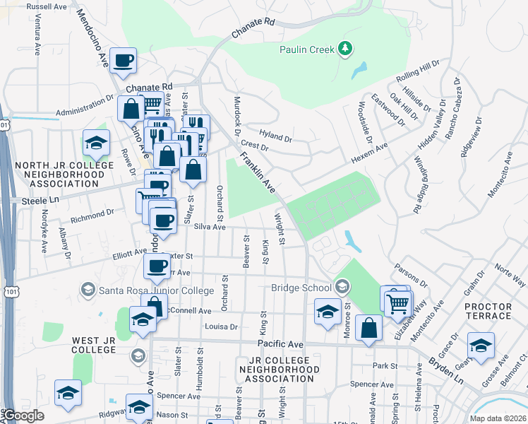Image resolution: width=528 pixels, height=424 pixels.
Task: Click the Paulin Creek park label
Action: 307,49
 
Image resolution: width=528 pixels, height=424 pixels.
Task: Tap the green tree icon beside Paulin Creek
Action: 344,49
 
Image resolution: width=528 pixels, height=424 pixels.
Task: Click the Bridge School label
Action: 301,288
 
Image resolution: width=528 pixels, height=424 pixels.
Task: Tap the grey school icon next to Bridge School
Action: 342,286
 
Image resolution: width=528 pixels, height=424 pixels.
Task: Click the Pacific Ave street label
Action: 280,343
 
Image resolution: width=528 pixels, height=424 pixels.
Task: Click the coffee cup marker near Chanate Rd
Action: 124,61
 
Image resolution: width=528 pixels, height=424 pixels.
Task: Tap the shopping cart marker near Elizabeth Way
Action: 398,303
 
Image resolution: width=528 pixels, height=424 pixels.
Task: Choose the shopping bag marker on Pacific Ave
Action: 368,328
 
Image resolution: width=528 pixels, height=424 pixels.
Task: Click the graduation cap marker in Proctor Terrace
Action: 481,346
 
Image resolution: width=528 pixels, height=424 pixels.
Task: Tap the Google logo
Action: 23,416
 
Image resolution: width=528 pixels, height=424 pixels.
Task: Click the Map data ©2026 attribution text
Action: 497,418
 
